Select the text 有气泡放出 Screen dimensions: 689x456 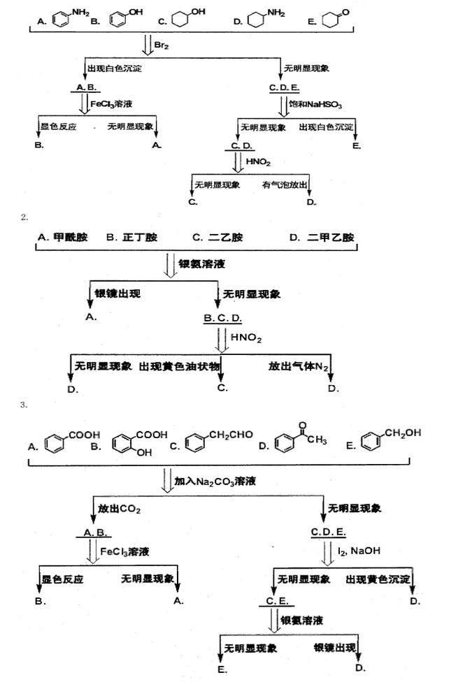tap(285, 184)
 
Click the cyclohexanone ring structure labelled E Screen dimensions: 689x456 tap(334, 17)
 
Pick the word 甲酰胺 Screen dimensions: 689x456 tap(71, 238)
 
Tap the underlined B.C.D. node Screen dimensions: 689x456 tap(222, 318)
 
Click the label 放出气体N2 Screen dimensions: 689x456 tap(299, 366)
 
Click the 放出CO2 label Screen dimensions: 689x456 tap(120, 509)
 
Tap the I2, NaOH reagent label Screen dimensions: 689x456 tap(359, 551)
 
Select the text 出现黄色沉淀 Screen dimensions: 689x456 tap(378, 580)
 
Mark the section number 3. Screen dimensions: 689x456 tap(23, 405)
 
